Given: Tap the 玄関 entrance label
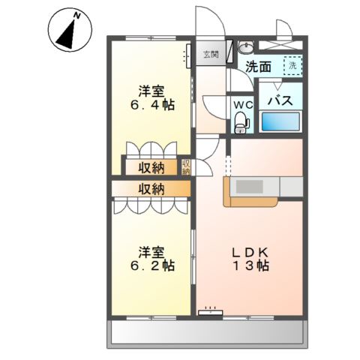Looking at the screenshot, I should coord(211,54).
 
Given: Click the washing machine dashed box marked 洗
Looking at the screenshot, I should coord(292,66).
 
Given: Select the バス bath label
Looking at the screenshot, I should coord(280,100).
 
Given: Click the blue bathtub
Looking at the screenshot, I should coord(281,122).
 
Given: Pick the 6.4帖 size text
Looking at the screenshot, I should coord(155,106).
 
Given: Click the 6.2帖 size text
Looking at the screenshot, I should coord(155,265).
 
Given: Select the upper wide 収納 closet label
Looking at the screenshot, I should coord(151,166).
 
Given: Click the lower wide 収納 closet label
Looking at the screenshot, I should coord(151,188).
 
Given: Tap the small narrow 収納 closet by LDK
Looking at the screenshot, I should coord(186,166).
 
